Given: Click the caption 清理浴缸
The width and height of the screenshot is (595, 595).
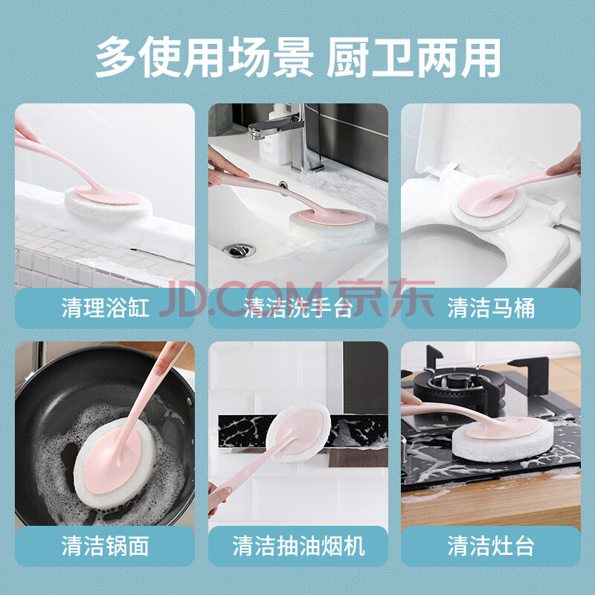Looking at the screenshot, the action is click(x=105, y=308).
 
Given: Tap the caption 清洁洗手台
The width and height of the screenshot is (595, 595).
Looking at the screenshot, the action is click(x=298, y=308).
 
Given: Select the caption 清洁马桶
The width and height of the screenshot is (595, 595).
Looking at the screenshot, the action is click(x=491, y=308).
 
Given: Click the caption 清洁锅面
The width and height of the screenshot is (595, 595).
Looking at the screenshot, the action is click(x=105, y=546).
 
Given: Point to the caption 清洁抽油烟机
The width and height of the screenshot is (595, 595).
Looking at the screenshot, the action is click(x=298, y=546).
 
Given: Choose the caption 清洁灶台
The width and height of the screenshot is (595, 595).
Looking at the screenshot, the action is click(x=491, y=546).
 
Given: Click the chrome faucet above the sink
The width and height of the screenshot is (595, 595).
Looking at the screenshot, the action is click(x=289, y=137).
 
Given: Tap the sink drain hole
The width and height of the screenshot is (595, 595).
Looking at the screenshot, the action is click(x=239, y=250).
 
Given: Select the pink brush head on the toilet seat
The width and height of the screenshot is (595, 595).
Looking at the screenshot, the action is click(x=486, y=199).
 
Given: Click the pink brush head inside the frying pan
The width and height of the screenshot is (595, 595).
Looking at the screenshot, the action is click(x=113, y=460).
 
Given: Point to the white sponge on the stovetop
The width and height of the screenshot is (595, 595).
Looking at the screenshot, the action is click(x=503, y=440).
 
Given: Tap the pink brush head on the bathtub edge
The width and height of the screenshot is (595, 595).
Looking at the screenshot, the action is click(x=107, y=196).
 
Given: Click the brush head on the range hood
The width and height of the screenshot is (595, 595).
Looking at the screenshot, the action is click(x=299, y=433).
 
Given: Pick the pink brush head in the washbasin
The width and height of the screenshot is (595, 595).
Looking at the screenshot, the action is click(x=332, y=216).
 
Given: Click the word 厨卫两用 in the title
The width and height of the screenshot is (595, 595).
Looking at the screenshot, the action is click(x=414, y=58).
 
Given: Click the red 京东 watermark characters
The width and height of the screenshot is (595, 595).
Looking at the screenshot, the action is click(x=386, y=298).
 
